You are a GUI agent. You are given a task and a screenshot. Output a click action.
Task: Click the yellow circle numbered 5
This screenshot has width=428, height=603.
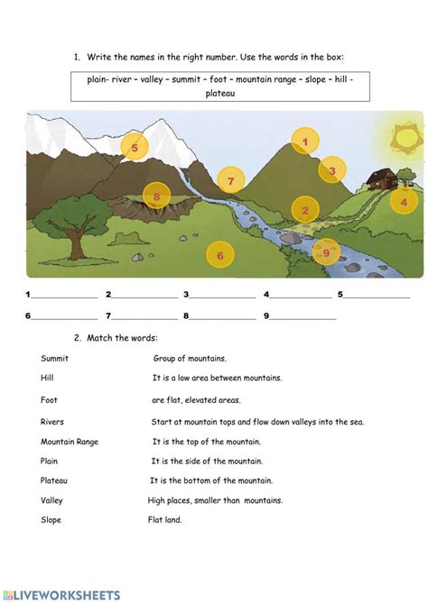tap(135, 147)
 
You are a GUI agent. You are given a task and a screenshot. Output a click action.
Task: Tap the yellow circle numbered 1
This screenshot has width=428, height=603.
tap(305, 142)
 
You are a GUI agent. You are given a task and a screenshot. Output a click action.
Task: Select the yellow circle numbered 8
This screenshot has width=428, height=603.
tap(156, 196)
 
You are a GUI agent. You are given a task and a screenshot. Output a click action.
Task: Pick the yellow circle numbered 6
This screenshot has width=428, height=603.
tap(219, 256)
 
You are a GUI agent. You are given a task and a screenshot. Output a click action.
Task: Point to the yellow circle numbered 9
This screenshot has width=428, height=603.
tap(326, 252)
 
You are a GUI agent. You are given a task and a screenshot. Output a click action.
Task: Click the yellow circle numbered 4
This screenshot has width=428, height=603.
tap(404, 203)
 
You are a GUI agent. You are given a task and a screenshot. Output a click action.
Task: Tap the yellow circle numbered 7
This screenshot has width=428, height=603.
tap(231, 181)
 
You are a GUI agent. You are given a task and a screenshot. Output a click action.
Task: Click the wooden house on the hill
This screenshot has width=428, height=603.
tap(381, 179)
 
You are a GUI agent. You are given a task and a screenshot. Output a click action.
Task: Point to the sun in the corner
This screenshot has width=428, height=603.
tap(406, 136)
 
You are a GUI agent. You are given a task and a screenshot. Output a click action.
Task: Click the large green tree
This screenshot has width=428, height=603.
tap(68, 217)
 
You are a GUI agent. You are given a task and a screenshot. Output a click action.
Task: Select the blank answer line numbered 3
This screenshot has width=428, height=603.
tap(222, 295)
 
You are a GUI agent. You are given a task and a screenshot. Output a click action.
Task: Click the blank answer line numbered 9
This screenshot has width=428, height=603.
tap(302, 316)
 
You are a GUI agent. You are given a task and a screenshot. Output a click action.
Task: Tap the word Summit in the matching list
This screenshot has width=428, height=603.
tap(54, 358)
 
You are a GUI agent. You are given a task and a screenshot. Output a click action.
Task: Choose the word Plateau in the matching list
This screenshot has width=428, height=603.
tap(54, 480)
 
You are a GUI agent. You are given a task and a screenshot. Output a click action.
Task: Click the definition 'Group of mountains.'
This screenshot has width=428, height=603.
tap(190, 358)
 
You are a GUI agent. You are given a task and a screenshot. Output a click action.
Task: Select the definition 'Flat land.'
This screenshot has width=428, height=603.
tap(164, 520)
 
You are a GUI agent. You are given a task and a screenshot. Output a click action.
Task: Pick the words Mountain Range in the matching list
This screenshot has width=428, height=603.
tap(70, 442)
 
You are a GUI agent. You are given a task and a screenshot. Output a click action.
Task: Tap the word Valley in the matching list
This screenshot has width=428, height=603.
tap(51, 500)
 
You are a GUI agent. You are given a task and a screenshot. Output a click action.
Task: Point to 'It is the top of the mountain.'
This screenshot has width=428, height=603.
tap(207, 442)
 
